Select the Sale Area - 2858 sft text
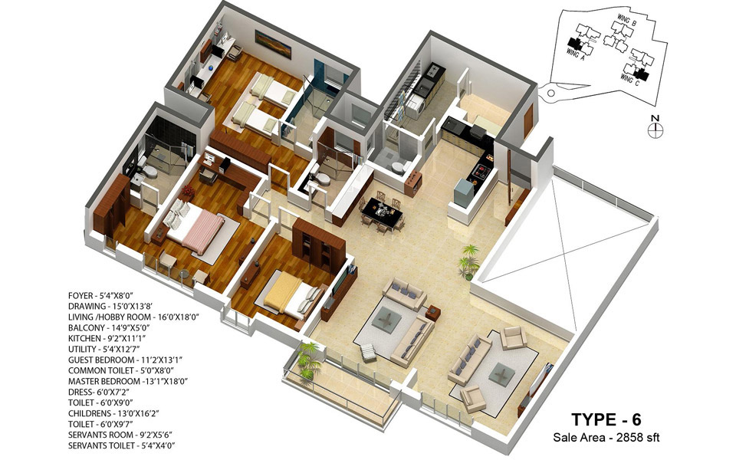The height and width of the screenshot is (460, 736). point(606,439)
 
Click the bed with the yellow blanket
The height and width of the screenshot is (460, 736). point(291,294)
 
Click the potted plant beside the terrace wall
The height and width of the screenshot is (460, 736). point(468,261)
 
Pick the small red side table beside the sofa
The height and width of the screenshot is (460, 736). point(433,313)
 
